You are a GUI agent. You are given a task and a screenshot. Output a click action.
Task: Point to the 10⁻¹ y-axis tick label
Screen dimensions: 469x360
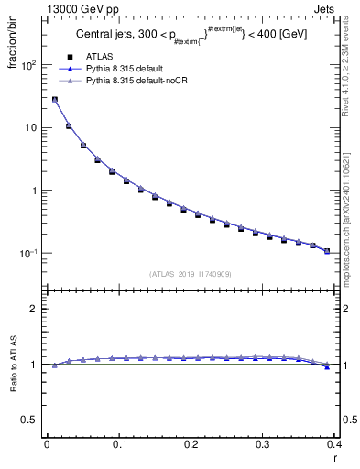[x=27, y=254]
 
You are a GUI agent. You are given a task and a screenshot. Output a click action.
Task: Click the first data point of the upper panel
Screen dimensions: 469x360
[x=54, y=100]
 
